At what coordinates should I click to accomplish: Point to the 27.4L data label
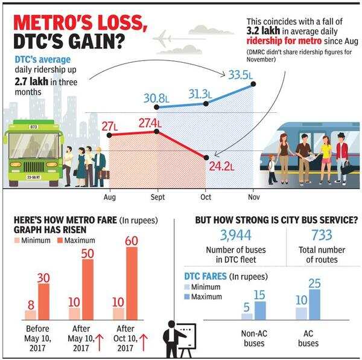(x=151, y=123)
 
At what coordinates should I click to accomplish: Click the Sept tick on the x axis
(x=157, y=198)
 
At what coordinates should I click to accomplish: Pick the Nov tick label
(x=253, y=198)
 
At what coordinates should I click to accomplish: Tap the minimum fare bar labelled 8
(x=30, y=315)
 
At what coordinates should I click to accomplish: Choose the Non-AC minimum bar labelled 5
(x=247, y=315)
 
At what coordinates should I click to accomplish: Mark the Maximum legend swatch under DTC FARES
(x=188, y=297)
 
